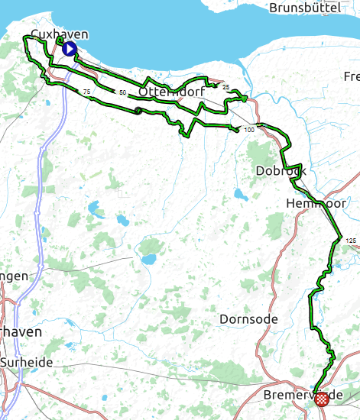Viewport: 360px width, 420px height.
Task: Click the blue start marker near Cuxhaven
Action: [x=69, y=50]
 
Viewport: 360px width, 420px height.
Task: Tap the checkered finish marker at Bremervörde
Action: [x=323, y=398]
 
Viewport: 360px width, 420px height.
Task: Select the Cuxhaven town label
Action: [x=58, y=34]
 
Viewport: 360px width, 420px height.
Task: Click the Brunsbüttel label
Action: [x=304, y=8]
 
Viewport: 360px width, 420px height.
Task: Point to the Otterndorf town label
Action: [x=169, y=92]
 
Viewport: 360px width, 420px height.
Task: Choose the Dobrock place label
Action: [x=281, y=171]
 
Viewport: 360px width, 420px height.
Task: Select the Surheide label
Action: [x=27, y=363]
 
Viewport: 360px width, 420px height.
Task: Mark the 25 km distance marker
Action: [x=225, y=87]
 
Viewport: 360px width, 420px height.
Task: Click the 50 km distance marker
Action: [x=122, y=92]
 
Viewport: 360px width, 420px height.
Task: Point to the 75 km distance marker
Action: [x=86, y=92]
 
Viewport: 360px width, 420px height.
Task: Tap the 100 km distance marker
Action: [x=249, y=131]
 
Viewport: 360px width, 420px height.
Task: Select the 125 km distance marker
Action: [x=351, y=241]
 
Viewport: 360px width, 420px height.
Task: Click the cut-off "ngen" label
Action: [x=15, y=276]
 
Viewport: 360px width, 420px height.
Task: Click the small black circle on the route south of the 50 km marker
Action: [x=138, y=111]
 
